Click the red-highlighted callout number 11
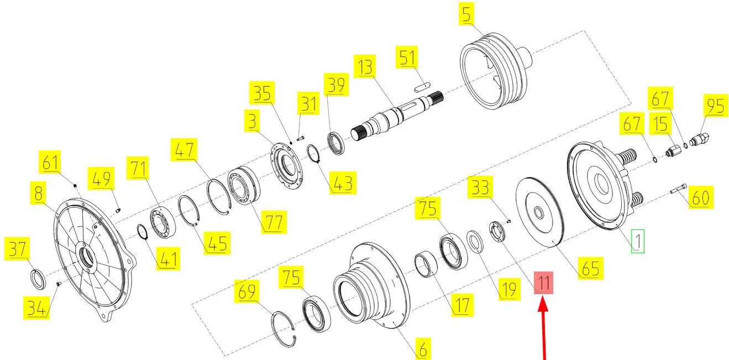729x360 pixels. [x=543, y=283]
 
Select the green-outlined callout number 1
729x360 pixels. [x=638, y=241]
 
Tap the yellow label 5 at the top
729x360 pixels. [x=466, y=14]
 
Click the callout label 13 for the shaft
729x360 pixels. [x=365, y=66]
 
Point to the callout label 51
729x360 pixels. [x=407, y=58]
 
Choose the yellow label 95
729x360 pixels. [x=715, y=106]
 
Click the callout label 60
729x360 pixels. [x=701, y=197]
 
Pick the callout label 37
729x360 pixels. [x=17, y=249]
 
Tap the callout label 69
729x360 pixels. [x=247, y=291]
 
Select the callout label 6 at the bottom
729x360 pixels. [x=423, y=349]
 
